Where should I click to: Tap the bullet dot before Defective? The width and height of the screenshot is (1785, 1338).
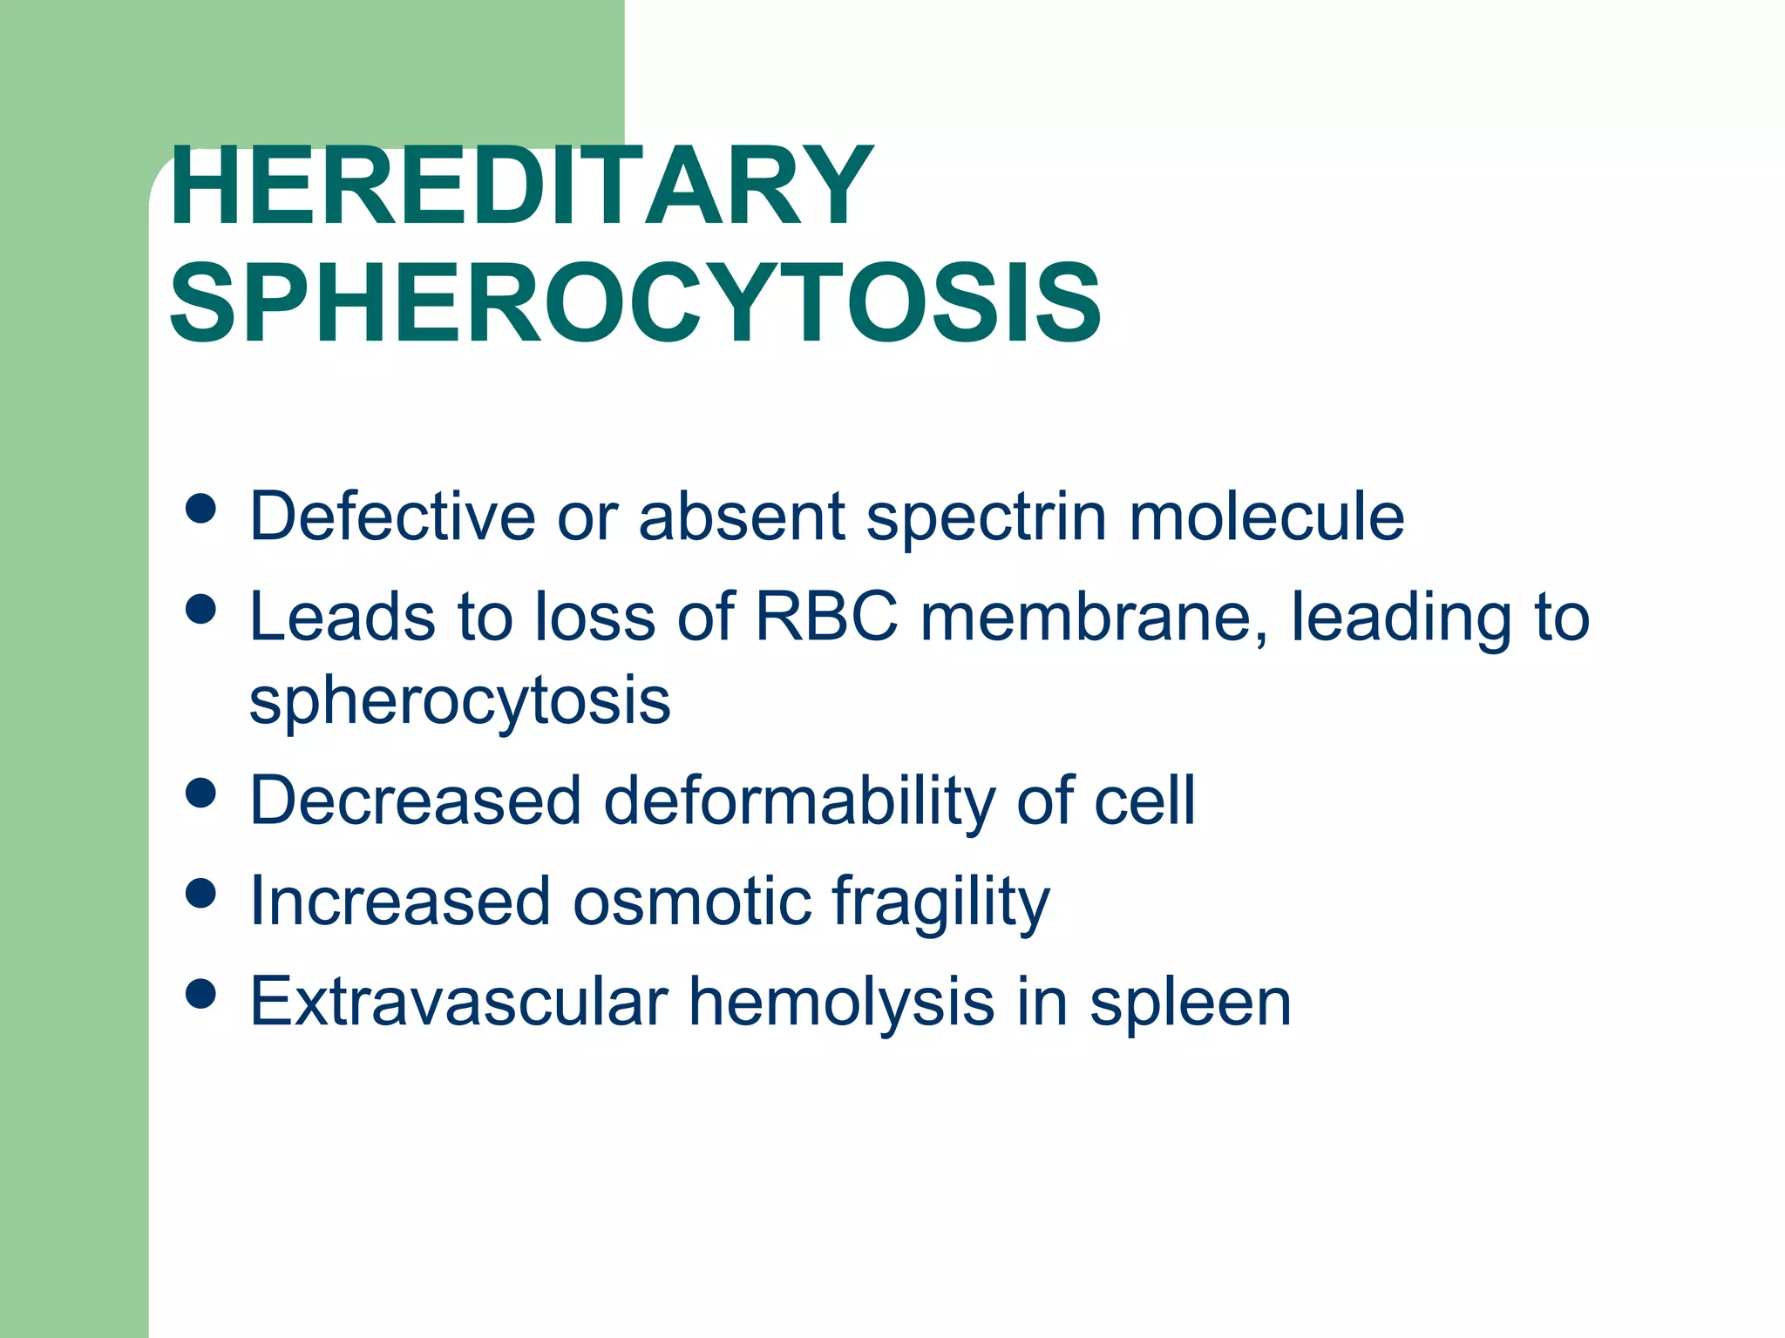click(201, 510)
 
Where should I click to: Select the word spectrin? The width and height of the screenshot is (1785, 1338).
click(986, 517)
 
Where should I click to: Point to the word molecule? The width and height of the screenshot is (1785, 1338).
click(1266, 516)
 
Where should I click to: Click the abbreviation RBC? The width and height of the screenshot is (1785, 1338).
click(825, 617)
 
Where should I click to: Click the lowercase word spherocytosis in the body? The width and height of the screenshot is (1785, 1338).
click(459, 702)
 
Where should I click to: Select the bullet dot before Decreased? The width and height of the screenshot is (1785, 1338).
click(201, 794)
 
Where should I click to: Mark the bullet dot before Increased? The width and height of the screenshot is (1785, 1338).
click(201, 894)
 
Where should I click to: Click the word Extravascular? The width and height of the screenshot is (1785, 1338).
click(458, 1002)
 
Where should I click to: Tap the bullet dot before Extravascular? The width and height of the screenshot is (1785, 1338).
click(201, 994)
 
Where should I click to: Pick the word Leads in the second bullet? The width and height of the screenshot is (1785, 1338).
click(343, 617)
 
